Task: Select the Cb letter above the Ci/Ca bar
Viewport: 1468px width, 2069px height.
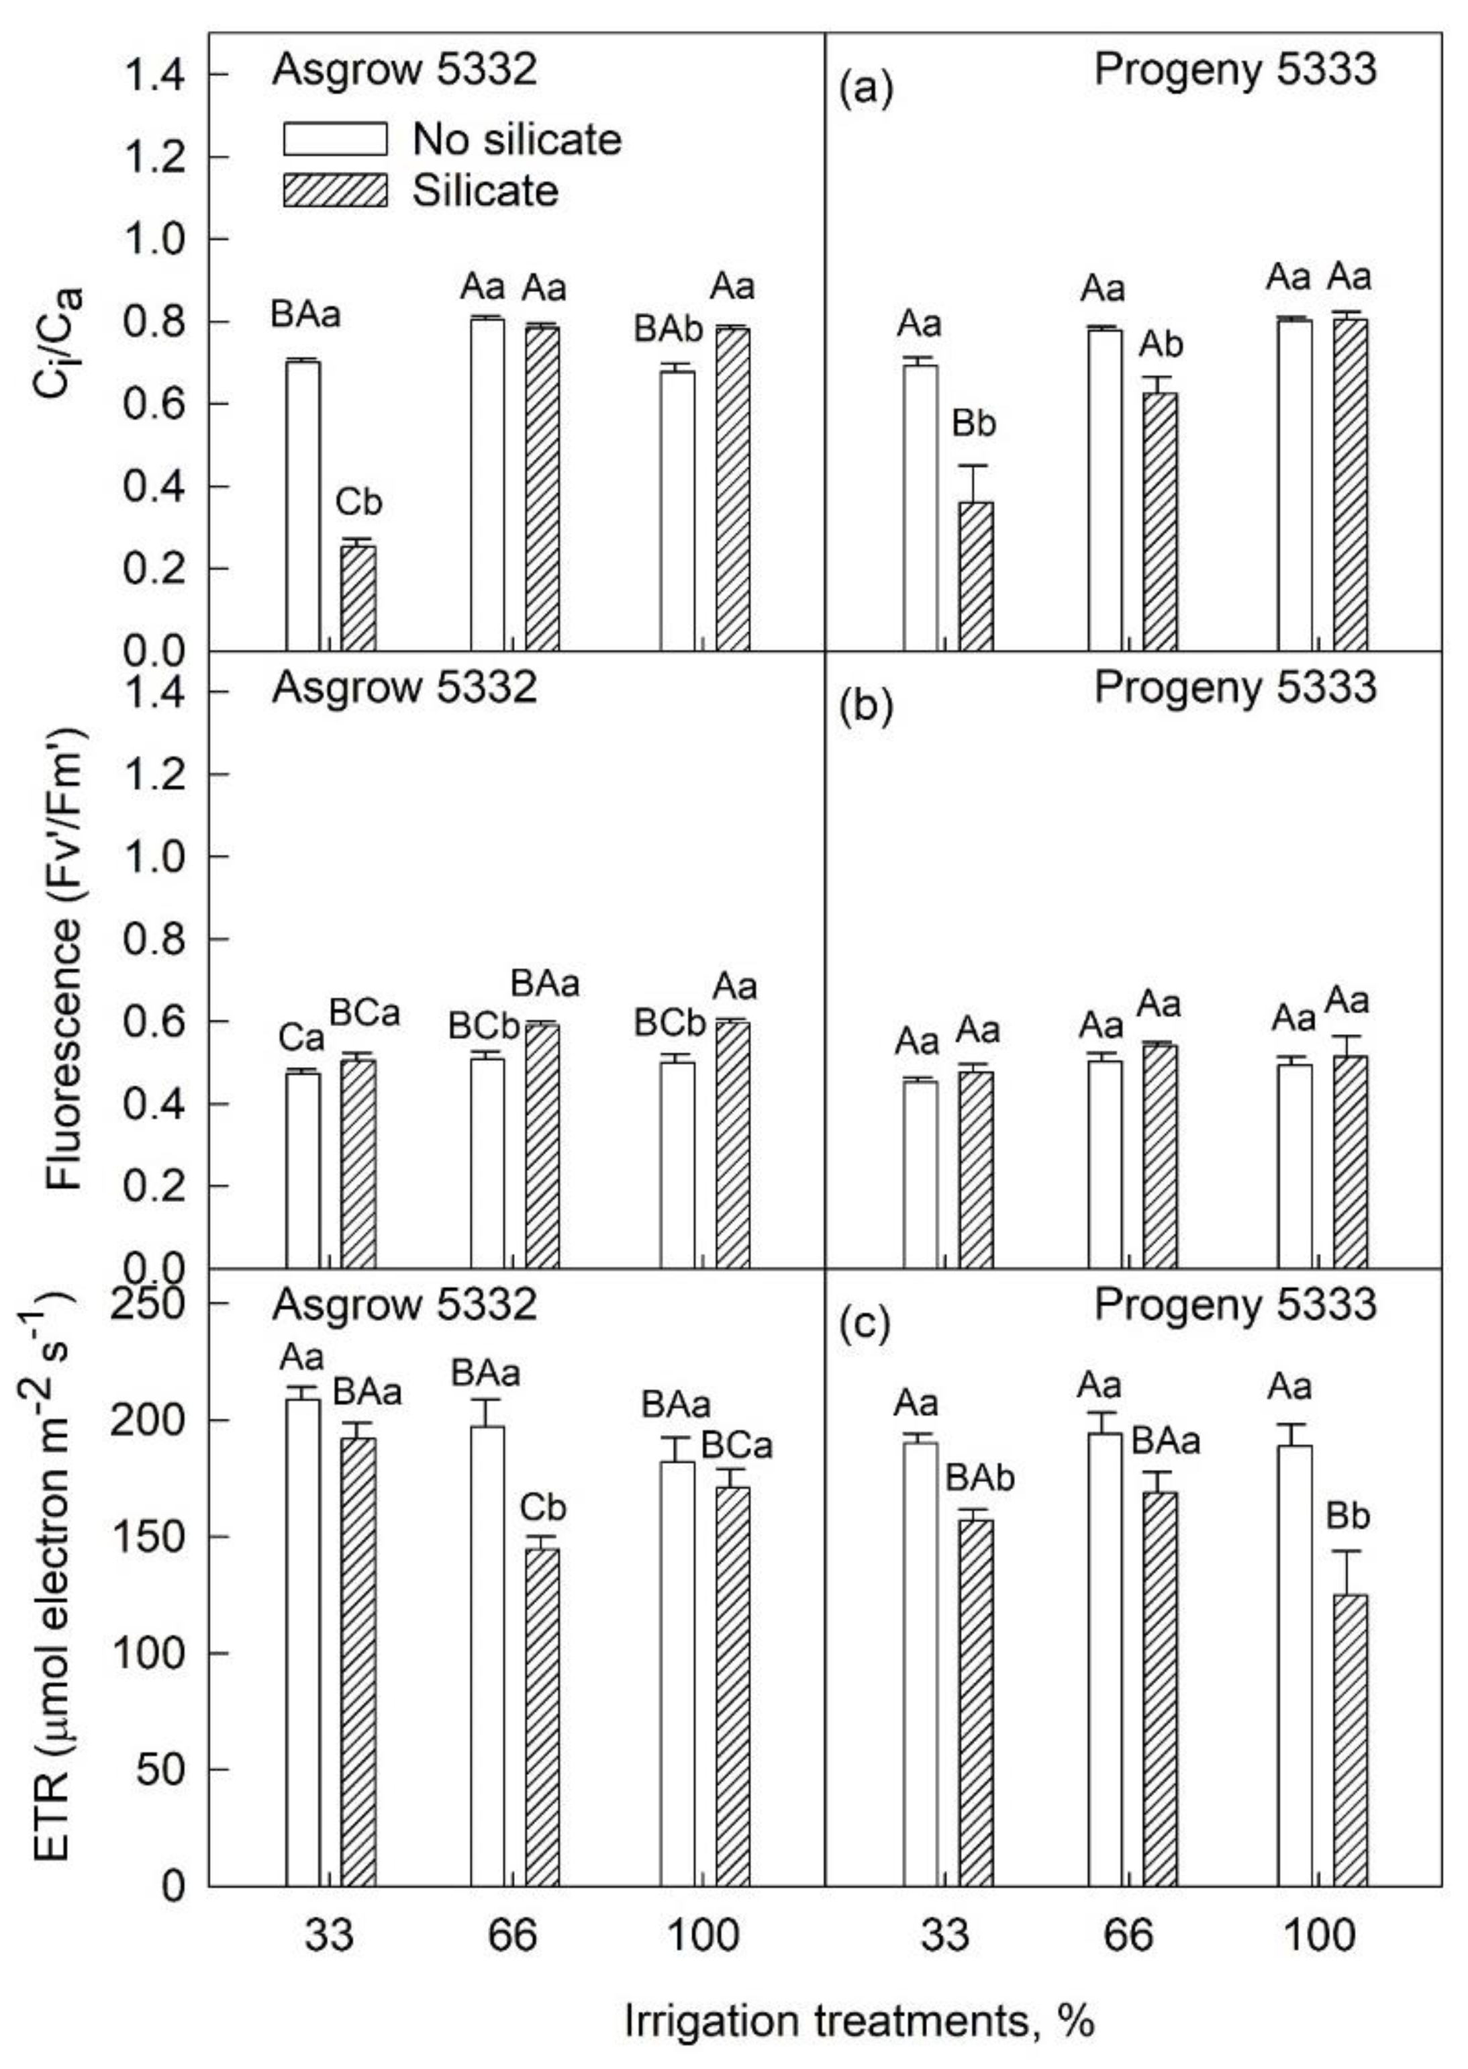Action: click(359, 503)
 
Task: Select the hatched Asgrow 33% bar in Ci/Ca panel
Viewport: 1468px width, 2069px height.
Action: click(358, 597)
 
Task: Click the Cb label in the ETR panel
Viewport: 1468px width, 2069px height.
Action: click(542, 1508)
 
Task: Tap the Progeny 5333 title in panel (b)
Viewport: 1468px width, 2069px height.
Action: click(1235, 687)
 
